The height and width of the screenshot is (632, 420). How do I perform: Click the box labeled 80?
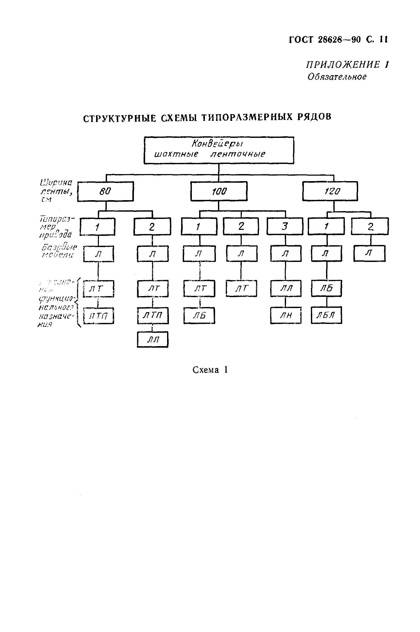coord(105,191)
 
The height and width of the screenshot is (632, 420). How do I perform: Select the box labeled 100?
coord(219,191)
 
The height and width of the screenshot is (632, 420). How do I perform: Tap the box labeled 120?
coord(330,191)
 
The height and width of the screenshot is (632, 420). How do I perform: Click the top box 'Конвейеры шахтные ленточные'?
coord(219,150)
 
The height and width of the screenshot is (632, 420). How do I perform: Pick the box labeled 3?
coord(285,226)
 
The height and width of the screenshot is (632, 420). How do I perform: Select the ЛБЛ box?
coord(326,315)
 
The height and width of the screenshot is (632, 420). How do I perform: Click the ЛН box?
coord(286,315)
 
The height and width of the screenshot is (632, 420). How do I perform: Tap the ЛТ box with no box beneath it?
coord(241,288)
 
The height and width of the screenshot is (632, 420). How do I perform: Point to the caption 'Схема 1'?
coord(210,370)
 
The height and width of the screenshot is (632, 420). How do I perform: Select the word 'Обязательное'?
coord(337,77)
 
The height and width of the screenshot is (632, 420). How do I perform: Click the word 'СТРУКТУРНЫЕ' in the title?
coord(120,119)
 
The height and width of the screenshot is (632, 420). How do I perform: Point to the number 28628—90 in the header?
coord(339,40)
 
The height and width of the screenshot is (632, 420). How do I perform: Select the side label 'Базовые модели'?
coord(59,251)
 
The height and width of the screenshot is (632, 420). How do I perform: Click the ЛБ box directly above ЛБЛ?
coord(326,288)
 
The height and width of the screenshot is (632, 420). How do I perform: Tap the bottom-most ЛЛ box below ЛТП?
coord(153,340)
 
